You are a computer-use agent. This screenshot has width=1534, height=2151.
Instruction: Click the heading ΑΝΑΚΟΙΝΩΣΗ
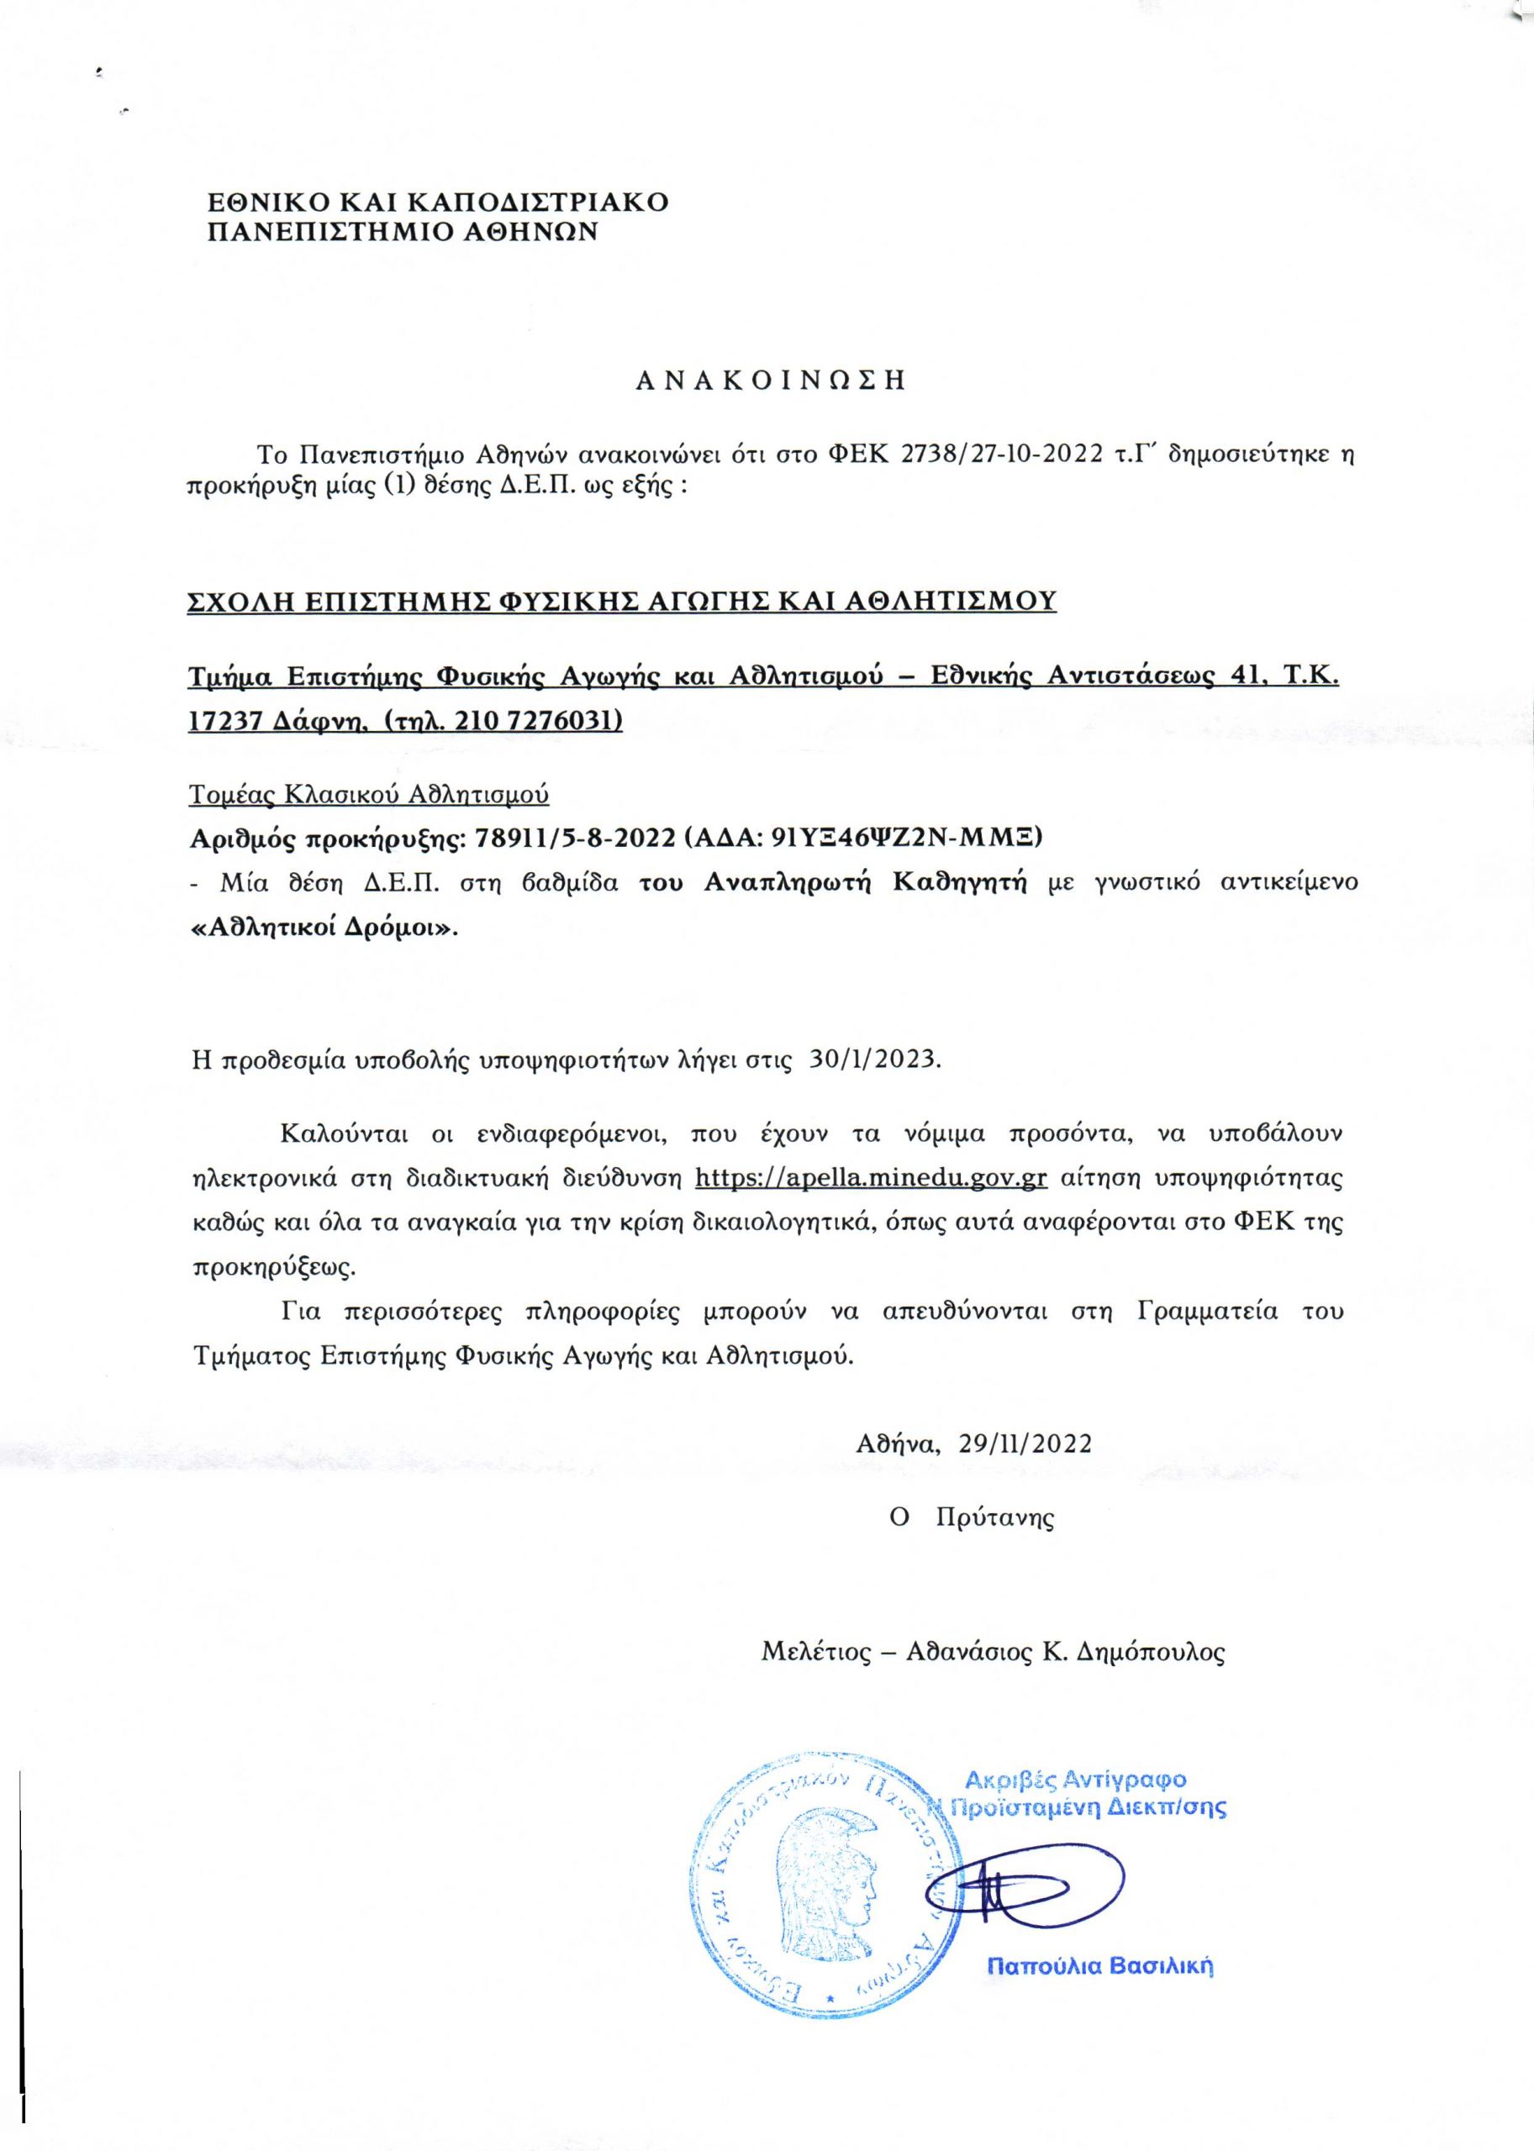coord(770,381)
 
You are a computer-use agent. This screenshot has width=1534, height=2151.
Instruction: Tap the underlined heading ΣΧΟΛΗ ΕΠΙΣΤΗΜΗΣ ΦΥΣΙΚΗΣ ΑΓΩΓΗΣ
coord(621,602)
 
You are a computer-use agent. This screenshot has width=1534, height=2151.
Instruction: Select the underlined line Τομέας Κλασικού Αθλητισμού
coord(369,794)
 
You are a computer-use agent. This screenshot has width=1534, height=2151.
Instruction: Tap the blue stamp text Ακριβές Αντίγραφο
coord(1076,1780)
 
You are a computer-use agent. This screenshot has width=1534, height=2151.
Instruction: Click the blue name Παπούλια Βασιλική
coord(1099,1967)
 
